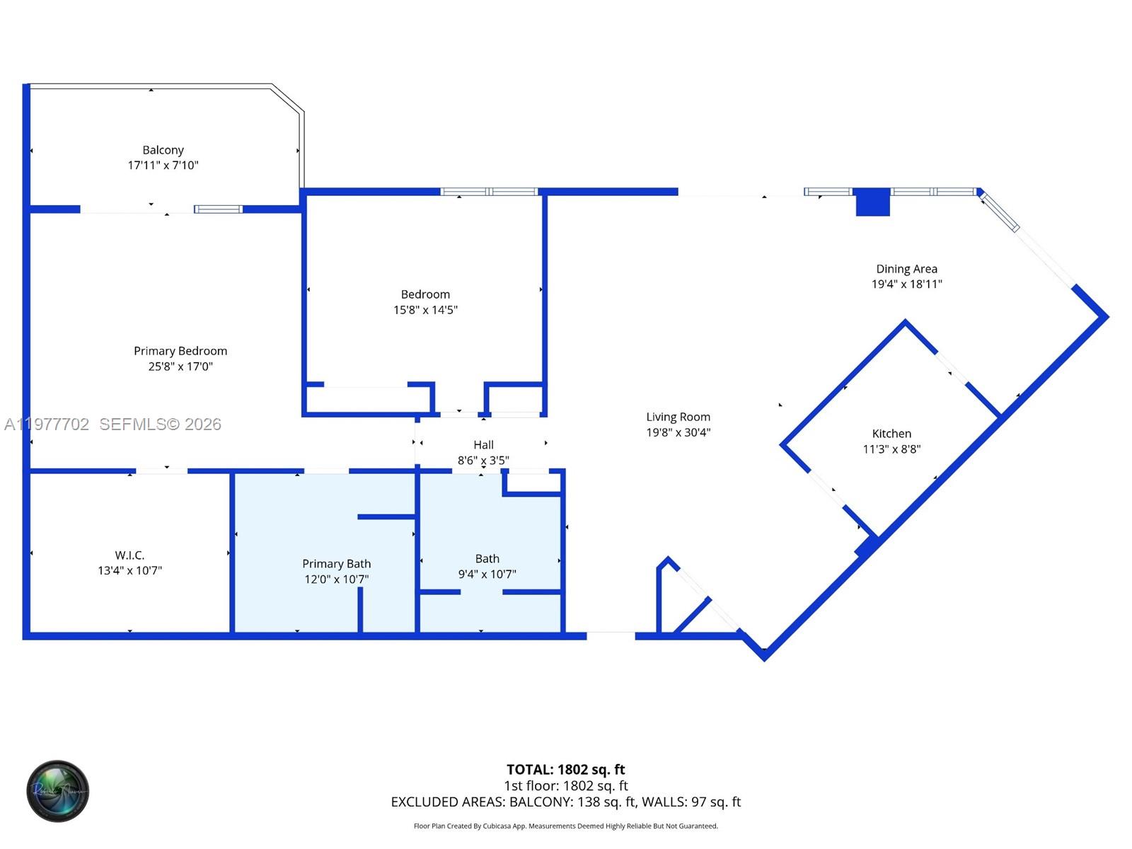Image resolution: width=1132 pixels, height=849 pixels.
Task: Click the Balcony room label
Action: (x=163, y=150)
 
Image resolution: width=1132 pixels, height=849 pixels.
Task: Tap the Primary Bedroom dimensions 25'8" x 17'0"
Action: (x=180, y=366)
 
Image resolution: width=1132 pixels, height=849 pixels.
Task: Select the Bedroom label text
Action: (x=425, y=294)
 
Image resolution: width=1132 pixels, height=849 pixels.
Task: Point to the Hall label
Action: (x=483, y=445)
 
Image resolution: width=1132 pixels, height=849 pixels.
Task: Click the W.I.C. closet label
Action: (x=129, y=555)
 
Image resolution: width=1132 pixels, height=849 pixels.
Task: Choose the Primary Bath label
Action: (x=336, y=564)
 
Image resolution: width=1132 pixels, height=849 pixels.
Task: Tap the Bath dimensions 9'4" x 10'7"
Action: (x=487, y=574)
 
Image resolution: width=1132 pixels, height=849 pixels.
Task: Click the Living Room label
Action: (x=678, y=417)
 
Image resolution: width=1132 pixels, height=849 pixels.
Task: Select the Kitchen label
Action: (x=891, y=434)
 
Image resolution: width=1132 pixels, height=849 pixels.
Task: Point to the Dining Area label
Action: (x=906, y=269)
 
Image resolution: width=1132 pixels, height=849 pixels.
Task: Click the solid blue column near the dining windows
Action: (x=872, y=202)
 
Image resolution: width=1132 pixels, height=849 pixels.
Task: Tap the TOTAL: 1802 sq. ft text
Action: (x=565, y=769)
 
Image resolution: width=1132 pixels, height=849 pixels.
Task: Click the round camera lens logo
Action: (x=58, y=791)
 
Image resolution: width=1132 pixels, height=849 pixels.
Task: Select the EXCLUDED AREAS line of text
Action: (x=565, y=802)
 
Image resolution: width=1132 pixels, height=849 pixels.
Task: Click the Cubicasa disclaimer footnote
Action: (x=565, y=826)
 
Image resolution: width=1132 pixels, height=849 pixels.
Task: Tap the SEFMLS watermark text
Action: (x=160, y=424)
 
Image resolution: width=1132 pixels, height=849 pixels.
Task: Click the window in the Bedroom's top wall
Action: (x=489, y=192)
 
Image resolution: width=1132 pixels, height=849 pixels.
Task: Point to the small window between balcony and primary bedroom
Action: (x=218, y=209)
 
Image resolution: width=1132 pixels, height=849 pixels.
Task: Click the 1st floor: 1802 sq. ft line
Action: (x=565, y=785)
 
